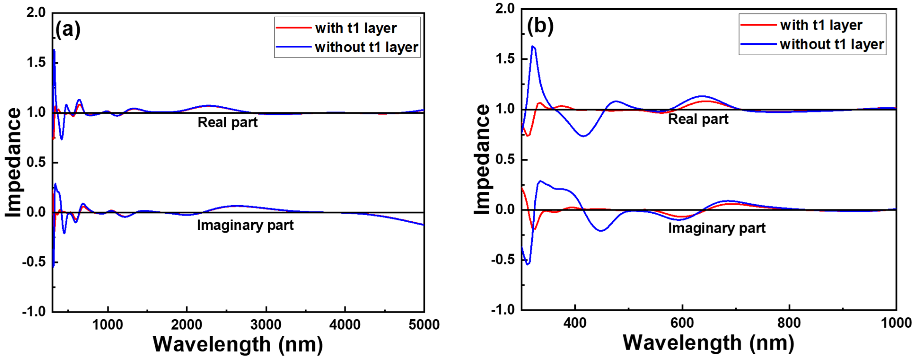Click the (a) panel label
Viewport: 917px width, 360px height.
coord(68,29)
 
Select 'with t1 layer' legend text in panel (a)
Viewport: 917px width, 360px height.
coord(356,28)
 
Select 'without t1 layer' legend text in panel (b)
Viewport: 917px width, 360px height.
coord(832,44)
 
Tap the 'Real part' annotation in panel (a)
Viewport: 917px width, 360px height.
coord(227,122)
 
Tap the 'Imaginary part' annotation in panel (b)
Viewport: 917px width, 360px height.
coord(716,228)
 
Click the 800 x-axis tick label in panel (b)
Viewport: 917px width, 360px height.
coord(789,323)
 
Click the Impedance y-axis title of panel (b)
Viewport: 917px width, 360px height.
coord(482,159)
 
